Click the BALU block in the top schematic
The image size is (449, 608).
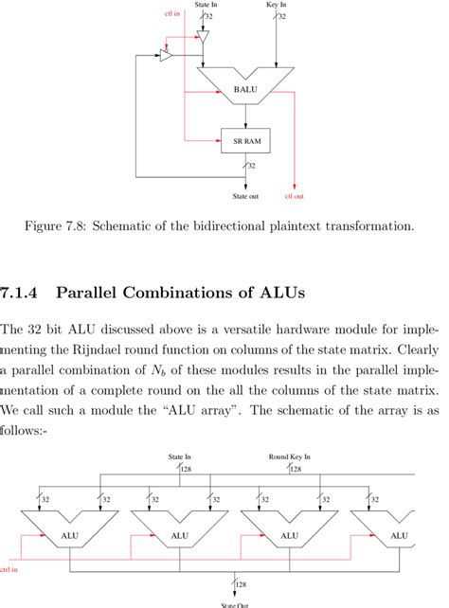click(x=245, y=89)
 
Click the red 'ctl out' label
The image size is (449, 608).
click(x=295, y=197)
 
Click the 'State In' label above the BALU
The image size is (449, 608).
click(x=206, y=5)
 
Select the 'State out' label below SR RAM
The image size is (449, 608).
click(x=245, y=197)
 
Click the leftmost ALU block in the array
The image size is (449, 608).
click(x=70, y=535)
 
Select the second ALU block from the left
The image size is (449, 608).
click(x=179, y=535)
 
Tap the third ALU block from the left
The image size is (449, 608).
click(x=289, y=535)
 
